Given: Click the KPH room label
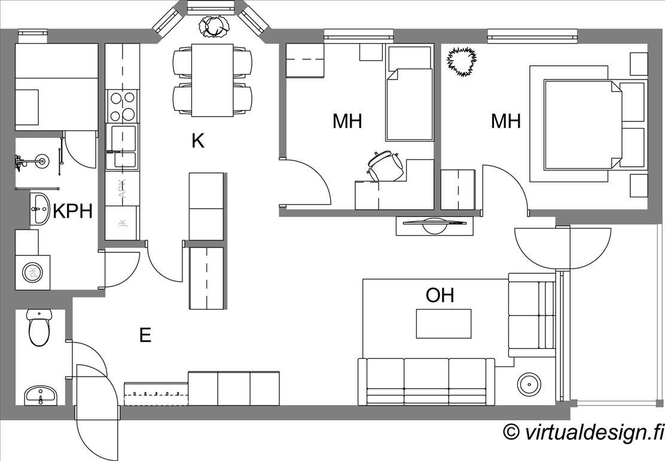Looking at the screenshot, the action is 72,211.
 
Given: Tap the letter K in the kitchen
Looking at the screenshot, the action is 197,141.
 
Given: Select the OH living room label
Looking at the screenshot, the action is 440,295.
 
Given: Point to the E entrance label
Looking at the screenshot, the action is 145,335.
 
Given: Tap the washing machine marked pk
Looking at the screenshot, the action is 33,272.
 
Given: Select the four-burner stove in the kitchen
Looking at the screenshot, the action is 122,106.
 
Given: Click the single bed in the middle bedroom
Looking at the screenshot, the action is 409,93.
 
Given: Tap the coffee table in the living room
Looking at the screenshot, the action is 444,323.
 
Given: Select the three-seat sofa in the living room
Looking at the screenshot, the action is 426,381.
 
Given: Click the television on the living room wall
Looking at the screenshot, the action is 434,225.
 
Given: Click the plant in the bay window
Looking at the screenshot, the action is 214,26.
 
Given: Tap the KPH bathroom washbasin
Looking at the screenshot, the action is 39,209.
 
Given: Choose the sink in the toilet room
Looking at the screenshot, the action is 41,395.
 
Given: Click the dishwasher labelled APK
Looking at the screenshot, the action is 122,188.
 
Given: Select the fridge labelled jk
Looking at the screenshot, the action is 122,223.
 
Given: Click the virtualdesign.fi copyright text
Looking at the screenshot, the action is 583,432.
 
